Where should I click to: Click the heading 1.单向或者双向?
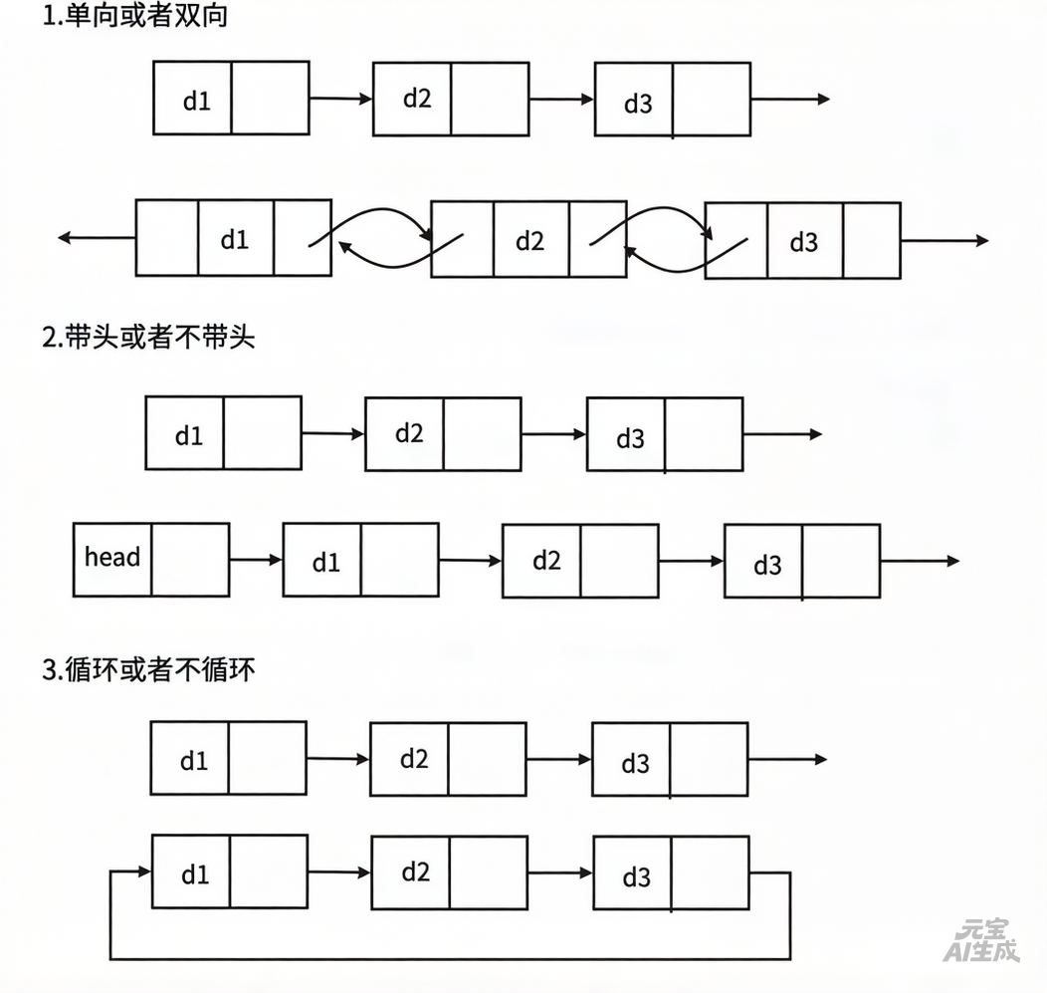click(x=135, y=17)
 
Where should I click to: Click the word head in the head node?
click(x=112, y=557)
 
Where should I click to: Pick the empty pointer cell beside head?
click(x=190, y=560)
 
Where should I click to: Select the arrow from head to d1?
click(x=256, y=561)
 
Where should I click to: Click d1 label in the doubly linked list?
click(x=235, y=240)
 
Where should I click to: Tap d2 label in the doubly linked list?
click(x=530, y=241)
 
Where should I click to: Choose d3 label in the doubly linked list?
click(x=803, y=242)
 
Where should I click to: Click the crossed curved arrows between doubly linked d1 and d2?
click(x=381, y=238)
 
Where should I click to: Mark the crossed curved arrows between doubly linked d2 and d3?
click(x=666, y=238)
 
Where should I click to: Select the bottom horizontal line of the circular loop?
click(x=449, y=958)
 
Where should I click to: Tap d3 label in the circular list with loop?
click(x=636, y=877)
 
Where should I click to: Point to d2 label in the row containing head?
click(x=546, y=561)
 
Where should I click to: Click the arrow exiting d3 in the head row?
click(x=919, y=562)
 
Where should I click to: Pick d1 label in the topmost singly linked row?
click(x=197, y=100)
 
